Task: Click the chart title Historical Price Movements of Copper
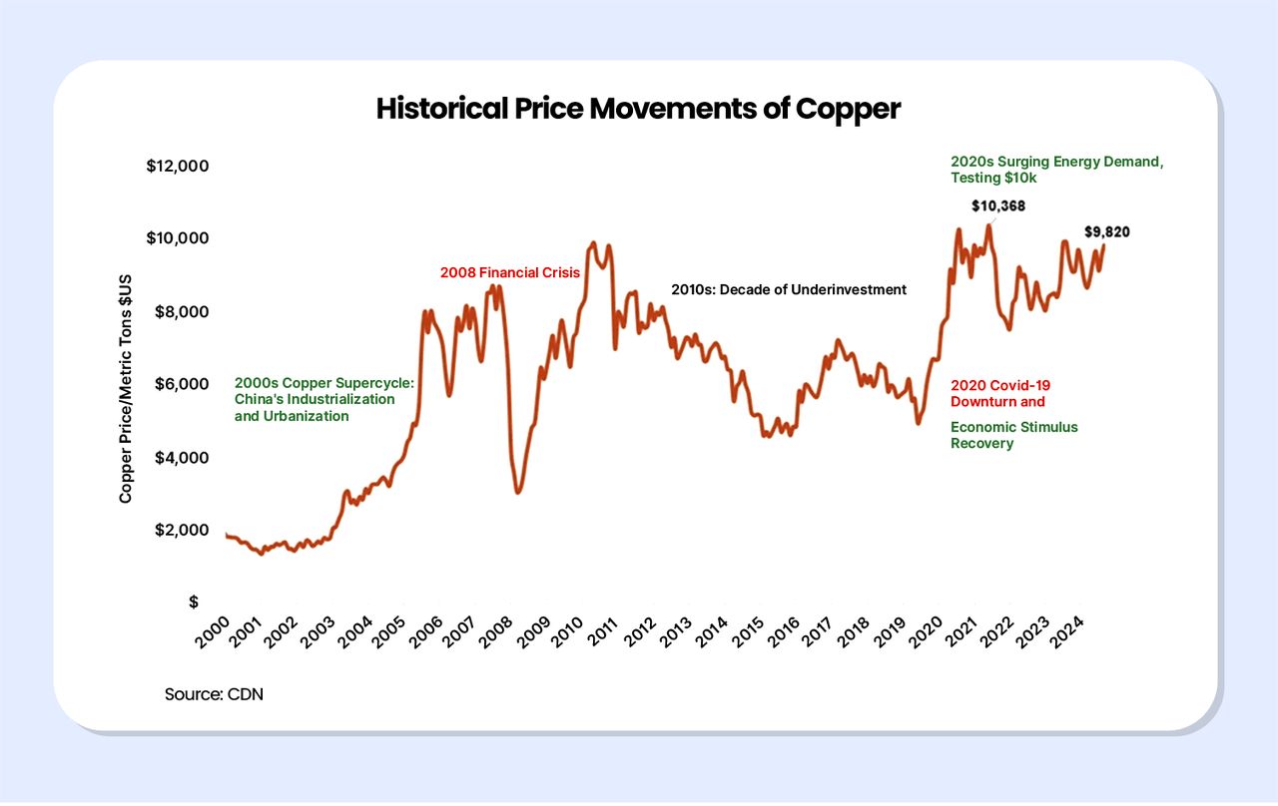(x=638, y=109)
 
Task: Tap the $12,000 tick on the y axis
(x=177, y=166)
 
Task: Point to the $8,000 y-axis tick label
(x=180, y=311)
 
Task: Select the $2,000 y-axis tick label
(x=180, y=530)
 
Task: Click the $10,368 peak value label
(x=998, y=206)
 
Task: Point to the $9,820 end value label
(x=1107, y=232)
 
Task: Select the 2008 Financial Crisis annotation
(x=510, y=272)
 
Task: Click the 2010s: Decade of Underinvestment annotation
(x=789, y=290)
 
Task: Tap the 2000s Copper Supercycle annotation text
(x=323, y=399)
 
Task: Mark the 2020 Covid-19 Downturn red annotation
(x=999, y=393)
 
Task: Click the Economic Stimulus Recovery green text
(x=1013, y=435)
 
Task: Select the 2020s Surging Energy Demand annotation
(x=1056, y=169)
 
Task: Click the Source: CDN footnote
(x=214, y=693)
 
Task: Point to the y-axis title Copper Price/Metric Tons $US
(x=126, y=388)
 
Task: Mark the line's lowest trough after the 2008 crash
(x=517, y=492)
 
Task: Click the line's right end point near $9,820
(x=1103, y=245)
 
